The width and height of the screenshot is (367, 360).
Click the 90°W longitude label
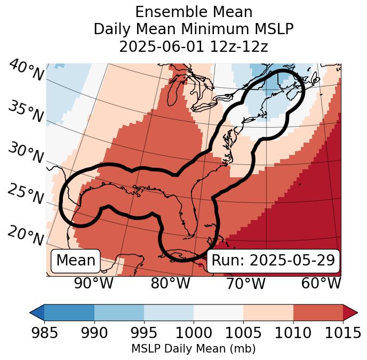(x=93, y=283)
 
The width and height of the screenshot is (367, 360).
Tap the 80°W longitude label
(x=170, y=283)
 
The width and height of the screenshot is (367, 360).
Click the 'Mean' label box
(x=76, y=261)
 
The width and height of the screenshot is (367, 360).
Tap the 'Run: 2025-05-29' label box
(x=273, y=261)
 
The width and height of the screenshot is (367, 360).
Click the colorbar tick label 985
(x=44, y=333)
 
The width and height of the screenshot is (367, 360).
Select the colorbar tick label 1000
(x=194, y=333)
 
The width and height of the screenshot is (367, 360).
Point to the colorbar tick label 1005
(x=243, y=333)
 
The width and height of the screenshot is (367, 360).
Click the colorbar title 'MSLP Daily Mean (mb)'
(x=193, y=349)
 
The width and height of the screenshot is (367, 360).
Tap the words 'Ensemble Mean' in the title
(x=194, y=12)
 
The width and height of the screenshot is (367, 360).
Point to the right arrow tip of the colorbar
(x=356, y=312)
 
